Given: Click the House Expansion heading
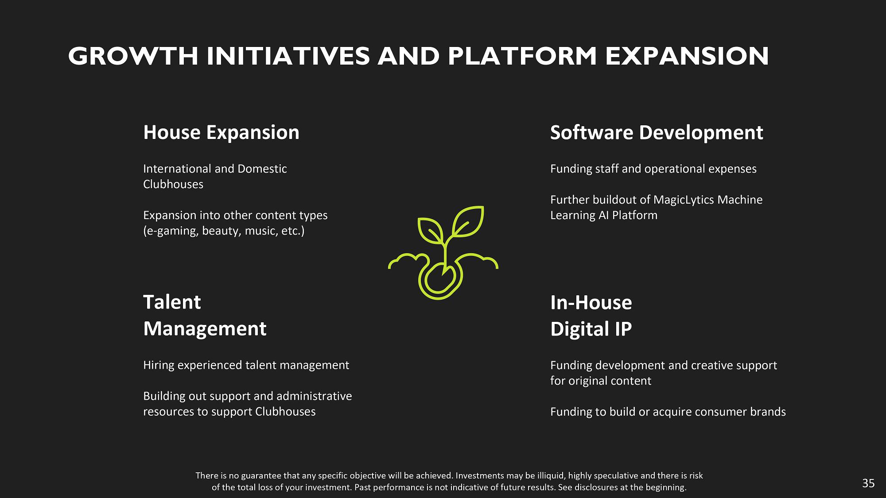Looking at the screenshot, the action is [x=221, y=132].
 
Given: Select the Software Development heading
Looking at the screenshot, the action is [x=657, y=133].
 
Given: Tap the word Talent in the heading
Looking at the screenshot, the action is [x=172, y=302].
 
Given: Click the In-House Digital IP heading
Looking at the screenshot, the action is [x=591, y=316].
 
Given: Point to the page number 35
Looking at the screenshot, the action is [x=868, y=483].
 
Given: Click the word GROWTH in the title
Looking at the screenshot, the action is [x=133, y=56].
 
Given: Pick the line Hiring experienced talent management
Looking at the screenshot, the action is [x=246, y=365].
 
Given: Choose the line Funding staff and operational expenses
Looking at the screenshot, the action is [x=653, y=169].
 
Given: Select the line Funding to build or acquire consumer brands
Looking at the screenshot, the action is [x=668, y=412].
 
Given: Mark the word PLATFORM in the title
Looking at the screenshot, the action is [x=522, y=56].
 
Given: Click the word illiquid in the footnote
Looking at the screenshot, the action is [x=549, y=476].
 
